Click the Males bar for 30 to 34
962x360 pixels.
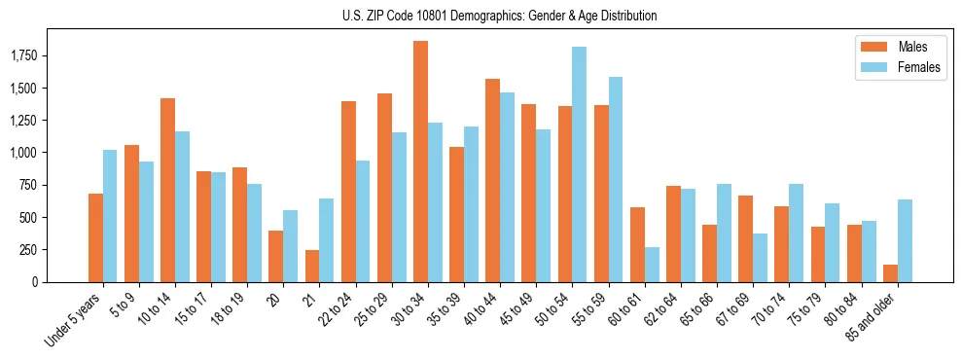[420, 162]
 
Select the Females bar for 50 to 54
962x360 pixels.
[579, 164]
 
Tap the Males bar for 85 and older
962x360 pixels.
[890, 273]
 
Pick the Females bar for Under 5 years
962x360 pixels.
[110, 216]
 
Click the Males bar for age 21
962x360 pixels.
[312, 266]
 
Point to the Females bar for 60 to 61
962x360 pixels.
[652, 265]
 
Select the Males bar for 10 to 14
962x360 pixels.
[168, 190]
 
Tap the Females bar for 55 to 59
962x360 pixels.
[616, 179]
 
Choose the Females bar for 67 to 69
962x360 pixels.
[760, 258]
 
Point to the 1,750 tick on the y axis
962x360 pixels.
[36, 56]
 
